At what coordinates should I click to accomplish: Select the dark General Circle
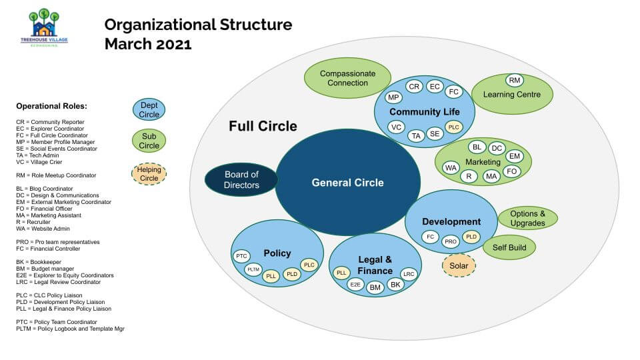point(347,182)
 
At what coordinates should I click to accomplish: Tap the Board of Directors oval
point(241,179)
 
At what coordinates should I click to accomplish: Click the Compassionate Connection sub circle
point(347,79)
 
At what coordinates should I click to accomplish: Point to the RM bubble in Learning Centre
point(514,81)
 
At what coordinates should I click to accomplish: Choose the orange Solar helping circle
point(459,265)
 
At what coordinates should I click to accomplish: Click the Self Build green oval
point(509,247)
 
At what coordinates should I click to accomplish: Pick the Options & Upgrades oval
point(527,218)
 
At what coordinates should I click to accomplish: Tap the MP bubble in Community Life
point(393,97)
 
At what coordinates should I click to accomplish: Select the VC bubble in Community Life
point(396,127)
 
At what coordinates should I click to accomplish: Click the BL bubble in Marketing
point(477,147)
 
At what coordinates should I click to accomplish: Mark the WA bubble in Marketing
point(451,168)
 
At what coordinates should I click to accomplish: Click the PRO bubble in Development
point(451,241)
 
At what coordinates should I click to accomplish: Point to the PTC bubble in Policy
point(241,256)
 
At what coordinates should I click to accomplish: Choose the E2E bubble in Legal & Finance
point(356,285)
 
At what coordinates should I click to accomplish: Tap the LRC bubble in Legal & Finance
point(409,274)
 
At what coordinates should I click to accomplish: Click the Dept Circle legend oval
point(149,109)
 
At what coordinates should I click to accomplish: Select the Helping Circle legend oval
point(149,174)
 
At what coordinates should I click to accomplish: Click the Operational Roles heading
point(51,106)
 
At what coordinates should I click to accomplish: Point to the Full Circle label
point(263,126)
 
